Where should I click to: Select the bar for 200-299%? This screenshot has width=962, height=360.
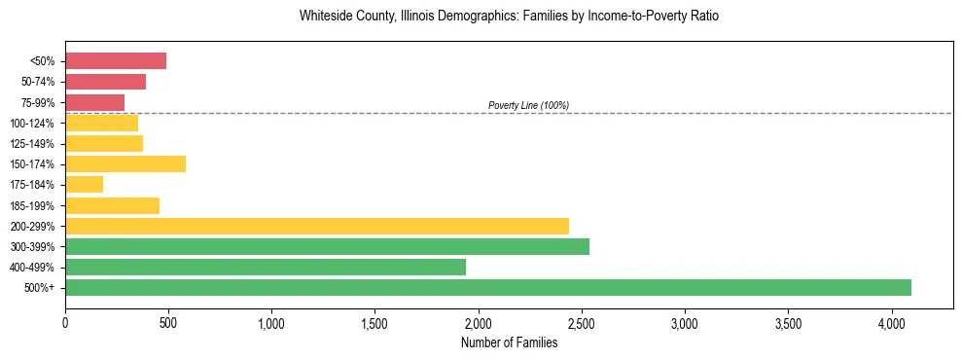(317, 226)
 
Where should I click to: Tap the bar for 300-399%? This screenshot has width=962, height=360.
(327, 246)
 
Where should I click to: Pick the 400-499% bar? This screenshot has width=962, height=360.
(266, 267)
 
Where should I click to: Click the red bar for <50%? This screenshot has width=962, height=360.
(116, 60)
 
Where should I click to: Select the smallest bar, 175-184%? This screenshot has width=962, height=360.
(85, 184)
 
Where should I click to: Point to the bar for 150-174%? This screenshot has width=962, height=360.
(125, 163)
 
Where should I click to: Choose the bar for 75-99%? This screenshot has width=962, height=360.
(95, 102)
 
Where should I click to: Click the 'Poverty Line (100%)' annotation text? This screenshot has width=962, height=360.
(528, 105)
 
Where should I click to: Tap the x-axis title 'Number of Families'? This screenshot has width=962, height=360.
(509, 342)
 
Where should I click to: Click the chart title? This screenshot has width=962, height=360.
(509, 17)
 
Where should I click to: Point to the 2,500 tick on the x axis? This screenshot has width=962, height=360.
(582, 322)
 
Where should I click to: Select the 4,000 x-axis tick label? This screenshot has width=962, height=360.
(892, 322)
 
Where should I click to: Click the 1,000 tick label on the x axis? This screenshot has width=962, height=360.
(271, 322)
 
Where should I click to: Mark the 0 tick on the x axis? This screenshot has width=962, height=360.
(65, 322)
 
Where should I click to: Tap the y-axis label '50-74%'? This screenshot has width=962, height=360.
(40, 82)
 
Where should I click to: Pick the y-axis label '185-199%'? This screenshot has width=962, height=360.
(35, 205)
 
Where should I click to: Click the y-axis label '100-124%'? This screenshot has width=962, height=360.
(35, 123)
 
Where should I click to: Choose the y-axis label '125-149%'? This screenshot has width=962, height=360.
(35, 143)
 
